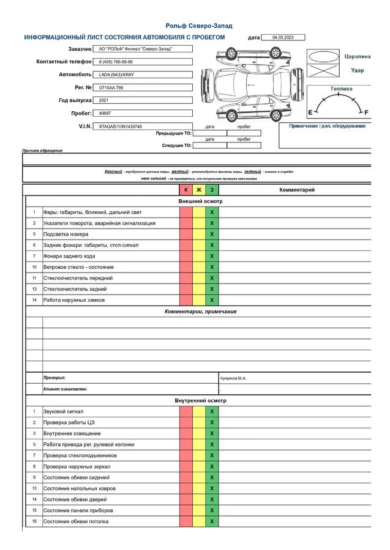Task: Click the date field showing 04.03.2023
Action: click(283, 37)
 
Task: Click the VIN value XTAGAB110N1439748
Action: click(120, 127)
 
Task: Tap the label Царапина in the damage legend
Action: click(358, 56)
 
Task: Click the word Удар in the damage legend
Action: click(358, 70)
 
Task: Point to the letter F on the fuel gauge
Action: click(366, 113)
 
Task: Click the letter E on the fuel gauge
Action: click(310, 113)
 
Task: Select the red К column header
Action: click(186, 190)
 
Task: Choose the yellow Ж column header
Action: click(199, 190)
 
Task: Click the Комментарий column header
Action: click(297, 190)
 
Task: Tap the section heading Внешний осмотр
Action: click(200, 201)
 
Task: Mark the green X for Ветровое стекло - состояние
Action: click(212, 267)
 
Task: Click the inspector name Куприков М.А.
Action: click(233, 378)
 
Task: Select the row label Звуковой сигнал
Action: click(63, 411)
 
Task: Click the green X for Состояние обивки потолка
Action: click(212, 521)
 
